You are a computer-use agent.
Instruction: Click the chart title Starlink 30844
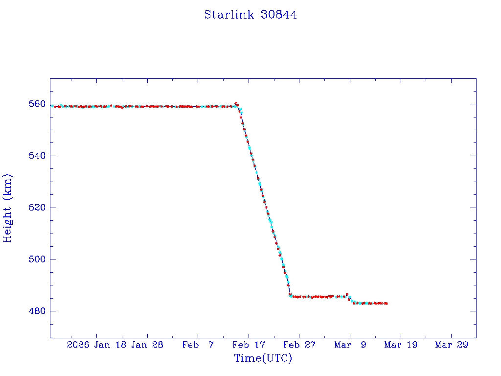(250, 15)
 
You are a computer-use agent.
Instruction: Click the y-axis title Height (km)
(8, 208)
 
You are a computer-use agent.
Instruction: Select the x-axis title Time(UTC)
(263, 358)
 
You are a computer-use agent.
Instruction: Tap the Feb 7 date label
(198, 345)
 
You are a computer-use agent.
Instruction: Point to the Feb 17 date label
(248, 345)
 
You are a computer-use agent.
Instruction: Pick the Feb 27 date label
(299, 345)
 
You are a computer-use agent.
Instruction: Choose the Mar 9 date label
(350, 345)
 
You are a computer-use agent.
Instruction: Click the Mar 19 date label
(400, 345)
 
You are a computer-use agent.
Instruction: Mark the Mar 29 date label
(451, 345)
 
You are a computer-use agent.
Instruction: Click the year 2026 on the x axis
(78, 345)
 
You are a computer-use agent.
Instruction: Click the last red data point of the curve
(387, 304)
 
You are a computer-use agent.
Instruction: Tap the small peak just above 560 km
(236, 103)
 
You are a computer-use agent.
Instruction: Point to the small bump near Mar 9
(347, 294)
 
